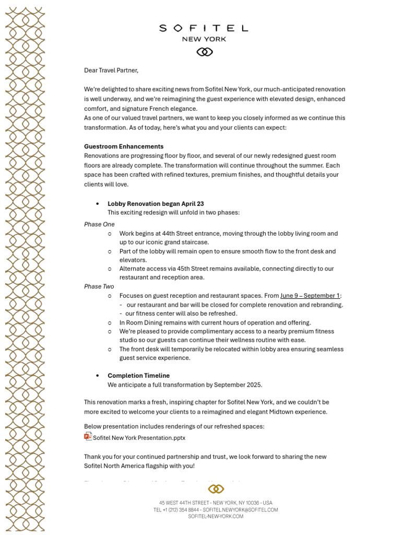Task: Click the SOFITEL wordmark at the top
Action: coord(204,28)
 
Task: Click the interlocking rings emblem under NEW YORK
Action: coord(204,52)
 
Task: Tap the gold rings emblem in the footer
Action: coord(216,489)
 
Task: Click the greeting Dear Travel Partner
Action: coord(111,70)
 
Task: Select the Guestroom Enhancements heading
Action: coord(124,146)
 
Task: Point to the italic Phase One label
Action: coord(99,224)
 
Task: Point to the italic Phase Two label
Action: coord(99,286)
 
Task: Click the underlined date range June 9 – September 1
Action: coord(310,296)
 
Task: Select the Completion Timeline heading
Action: coord(138,376)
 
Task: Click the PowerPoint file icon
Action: coord(88,437)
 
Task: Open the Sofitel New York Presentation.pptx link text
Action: coord(139,438)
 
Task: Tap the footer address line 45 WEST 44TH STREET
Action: coord(216,503)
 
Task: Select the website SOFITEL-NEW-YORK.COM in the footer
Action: coord(216,516)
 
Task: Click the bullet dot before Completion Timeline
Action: coord(98,376)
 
